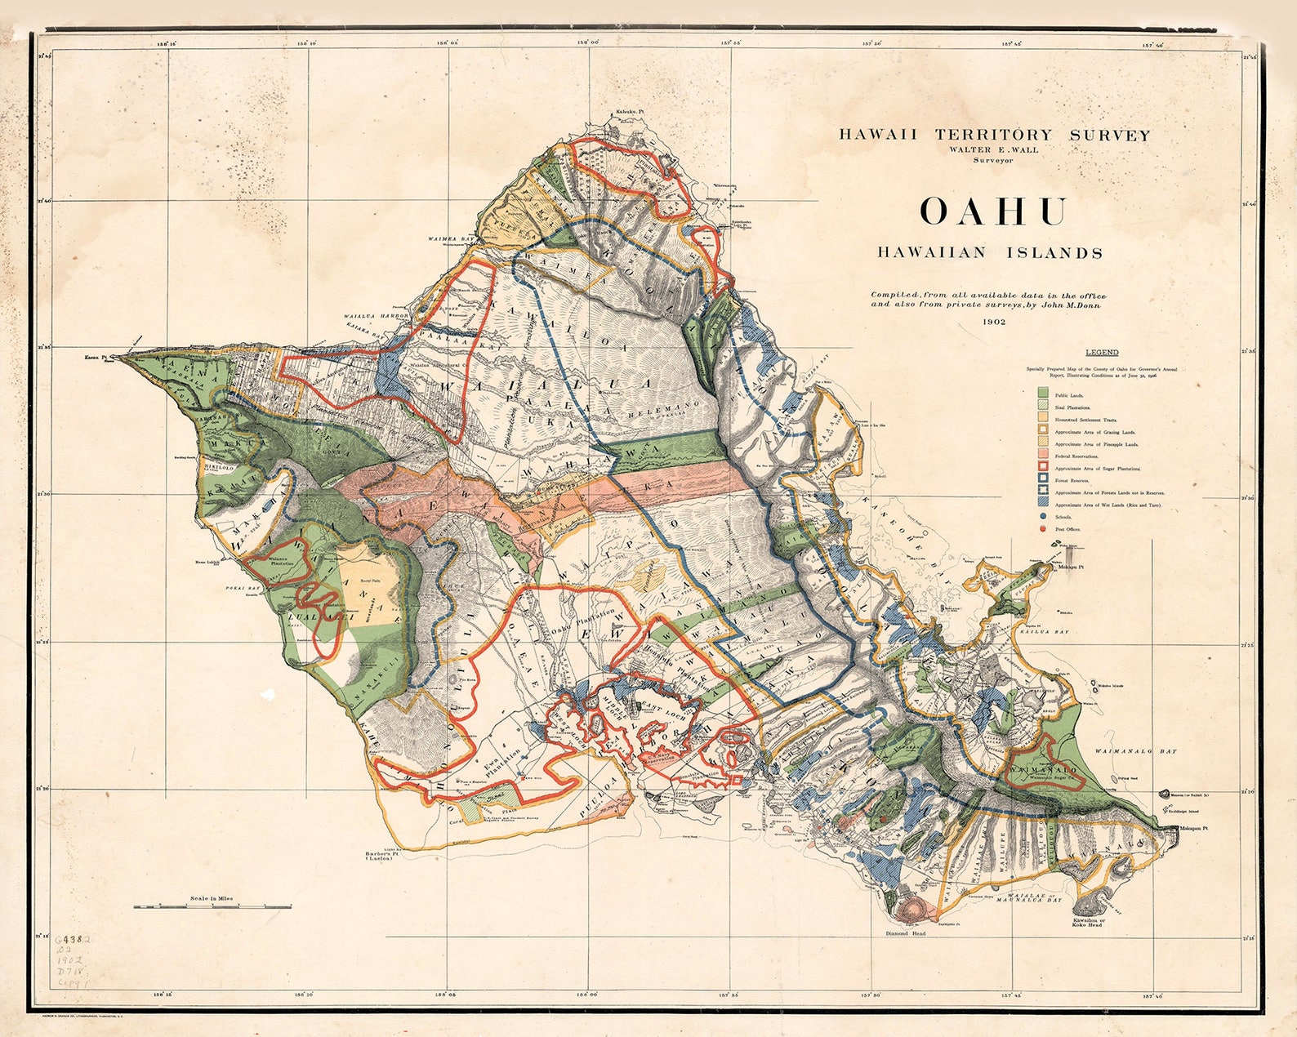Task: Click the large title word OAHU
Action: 992,211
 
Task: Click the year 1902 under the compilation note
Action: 994,322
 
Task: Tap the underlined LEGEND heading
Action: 1102,353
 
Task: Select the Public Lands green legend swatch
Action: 1043,394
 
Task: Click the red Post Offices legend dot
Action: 1043,529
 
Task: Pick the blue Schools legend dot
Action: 1043,517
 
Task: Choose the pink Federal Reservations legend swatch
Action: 1043,456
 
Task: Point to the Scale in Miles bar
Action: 212,906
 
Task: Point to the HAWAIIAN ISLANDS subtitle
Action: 990,253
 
